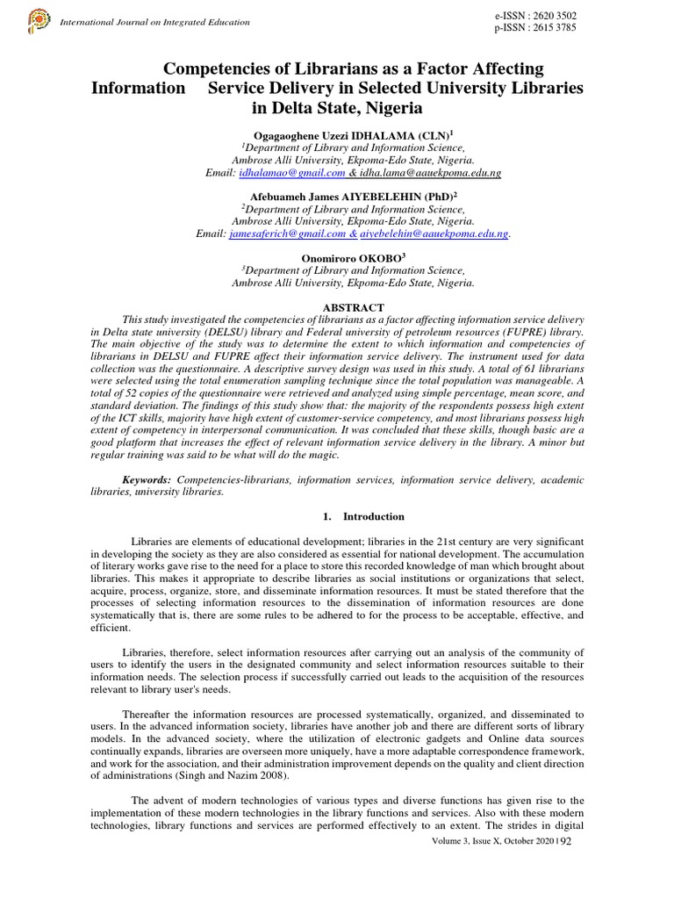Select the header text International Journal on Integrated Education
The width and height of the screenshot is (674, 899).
[x=154, y=22]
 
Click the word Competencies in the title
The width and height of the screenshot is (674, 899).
[x=228, y=68]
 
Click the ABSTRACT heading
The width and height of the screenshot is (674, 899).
[x=354, y=307]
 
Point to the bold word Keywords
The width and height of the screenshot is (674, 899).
[x=147, y=480]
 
